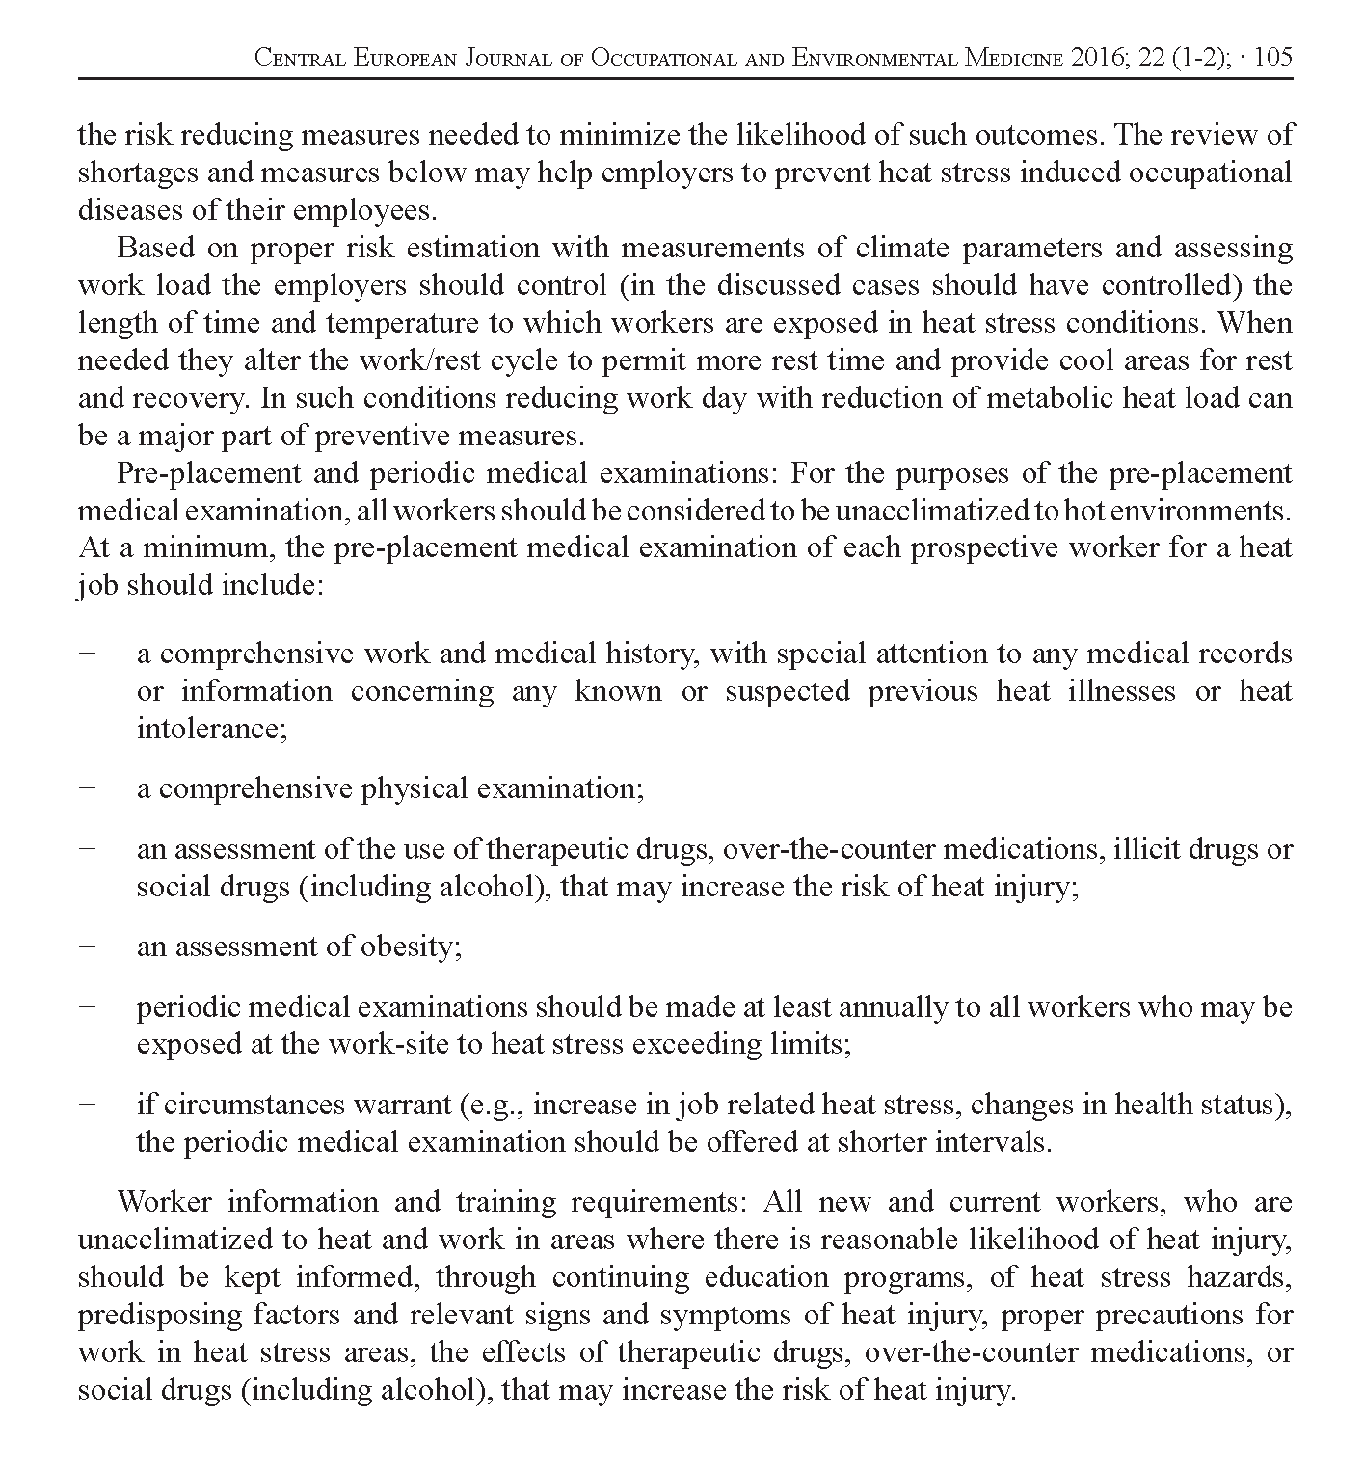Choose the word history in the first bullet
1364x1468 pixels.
coord(655,654)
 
